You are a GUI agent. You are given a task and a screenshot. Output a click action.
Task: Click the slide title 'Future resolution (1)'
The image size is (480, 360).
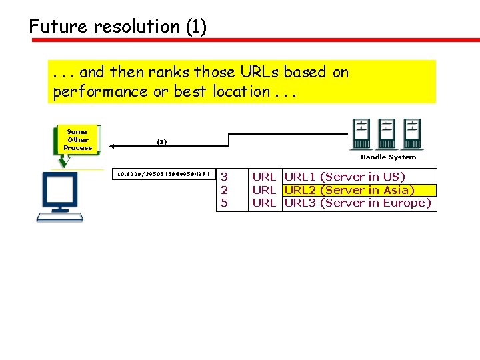[x=118, y=27]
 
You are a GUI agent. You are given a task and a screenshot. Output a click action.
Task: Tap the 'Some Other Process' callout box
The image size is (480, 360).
[x=78, y=140]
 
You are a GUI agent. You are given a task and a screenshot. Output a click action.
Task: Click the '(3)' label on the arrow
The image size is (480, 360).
[x=161, y=141]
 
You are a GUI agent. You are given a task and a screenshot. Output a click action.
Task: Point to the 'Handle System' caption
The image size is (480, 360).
[x=388, y=157]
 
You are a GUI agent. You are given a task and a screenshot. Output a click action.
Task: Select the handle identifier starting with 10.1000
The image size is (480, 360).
[x=163, y=175]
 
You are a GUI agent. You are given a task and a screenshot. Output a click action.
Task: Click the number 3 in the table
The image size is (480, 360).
[x=225, y=177]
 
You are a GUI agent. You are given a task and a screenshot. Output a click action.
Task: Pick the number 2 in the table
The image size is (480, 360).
[x=225, y=190]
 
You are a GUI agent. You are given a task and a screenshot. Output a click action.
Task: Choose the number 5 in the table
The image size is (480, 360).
[x=225, y=203]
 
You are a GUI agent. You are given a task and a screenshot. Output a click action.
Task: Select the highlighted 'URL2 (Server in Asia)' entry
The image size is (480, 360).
[x=349, y=190]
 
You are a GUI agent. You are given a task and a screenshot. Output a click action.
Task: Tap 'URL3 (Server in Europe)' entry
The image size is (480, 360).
[x=357, y=203]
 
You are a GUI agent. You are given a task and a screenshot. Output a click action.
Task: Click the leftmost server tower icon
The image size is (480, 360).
[x=361, y=133]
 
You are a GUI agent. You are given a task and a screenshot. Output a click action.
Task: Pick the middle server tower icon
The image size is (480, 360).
[x=386, y=133]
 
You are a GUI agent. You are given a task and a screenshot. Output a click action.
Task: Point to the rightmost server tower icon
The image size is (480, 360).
[x=413, y=133]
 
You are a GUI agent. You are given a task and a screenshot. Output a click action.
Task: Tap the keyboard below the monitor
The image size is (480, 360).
[x=61, y=216]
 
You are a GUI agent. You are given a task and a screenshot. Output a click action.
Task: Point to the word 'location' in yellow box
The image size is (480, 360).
[x=241, y=91]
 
